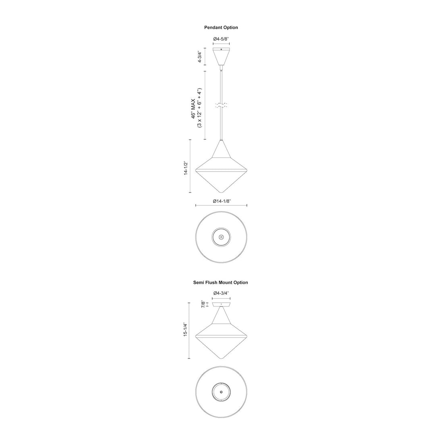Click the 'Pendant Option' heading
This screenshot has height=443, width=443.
pyautogui.click(x=221, y=27)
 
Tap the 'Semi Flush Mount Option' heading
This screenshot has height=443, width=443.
pyautogui.click(x=221, y=282)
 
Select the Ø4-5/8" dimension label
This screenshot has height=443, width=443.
pyautogui.click(x=221, y=39)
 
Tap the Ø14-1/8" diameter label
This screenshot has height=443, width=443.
pyautogui.click(x=221, y=201)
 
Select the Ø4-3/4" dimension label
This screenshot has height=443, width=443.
pyautogui.click(x=221, y=294)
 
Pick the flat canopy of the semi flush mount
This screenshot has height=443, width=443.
pyautogui.click(x=221, y=305)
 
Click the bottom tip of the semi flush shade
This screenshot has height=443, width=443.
pyautogui.click(x=221, y=359)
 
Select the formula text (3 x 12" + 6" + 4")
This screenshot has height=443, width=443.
pyautogui.click(x=199, y=108)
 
